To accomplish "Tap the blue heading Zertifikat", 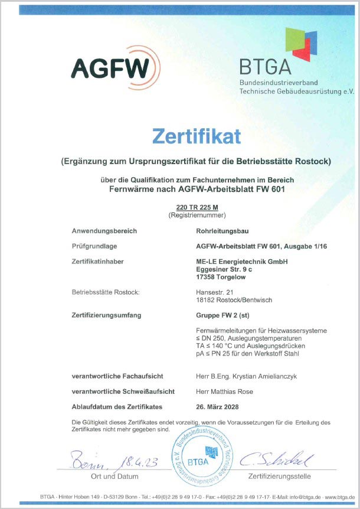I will [x=197, y=136].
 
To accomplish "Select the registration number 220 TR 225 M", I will [x=197, y=208].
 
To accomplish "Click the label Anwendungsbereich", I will [x=104, y=231].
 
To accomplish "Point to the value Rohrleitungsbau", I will [x=222, y=231].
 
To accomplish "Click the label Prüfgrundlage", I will [x=94, y=246].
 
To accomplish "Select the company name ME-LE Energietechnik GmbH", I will [x=241, y=262].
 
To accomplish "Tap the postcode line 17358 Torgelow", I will [x=221, y=277].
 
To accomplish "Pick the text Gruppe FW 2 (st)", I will [x=221, y=315].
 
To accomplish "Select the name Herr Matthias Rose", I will [x=225, y=391].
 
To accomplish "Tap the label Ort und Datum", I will [x=114, y=476].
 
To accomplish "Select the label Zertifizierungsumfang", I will [x=106, y=315].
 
